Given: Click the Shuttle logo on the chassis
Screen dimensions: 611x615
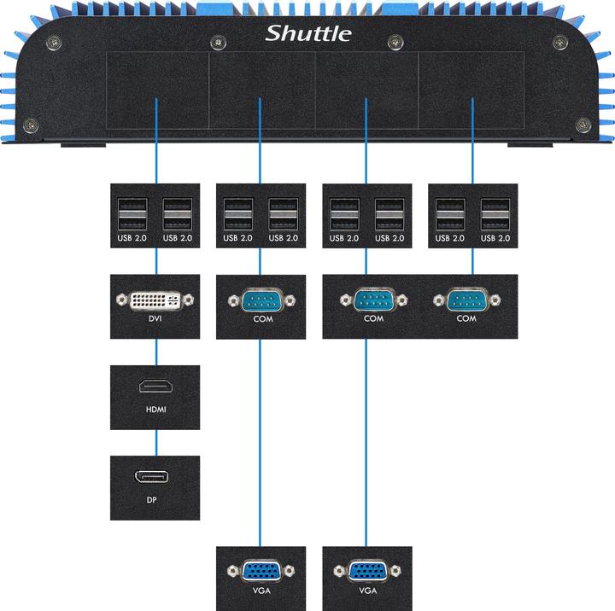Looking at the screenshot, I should click(x=307, y=33).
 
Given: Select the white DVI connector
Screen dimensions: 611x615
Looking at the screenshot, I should click(x=155, y=300).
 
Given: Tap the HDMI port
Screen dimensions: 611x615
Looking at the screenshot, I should click(x=155, y=387).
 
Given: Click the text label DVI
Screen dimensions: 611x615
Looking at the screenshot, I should click(x=155, y=322).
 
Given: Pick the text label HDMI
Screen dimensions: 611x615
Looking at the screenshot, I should click(x=155, y=410).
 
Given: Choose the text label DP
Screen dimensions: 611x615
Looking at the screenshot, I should click(x=155, y=501).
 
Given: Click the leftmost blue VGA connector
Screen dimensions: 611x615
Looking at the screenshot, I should click(x=261, y=571).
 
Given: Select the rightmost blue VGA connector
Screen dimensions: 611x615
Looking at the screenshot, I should click(x=366, y=571).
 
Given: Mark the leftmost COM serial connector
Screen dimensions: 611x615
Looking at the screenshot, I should click(x=261, y=300).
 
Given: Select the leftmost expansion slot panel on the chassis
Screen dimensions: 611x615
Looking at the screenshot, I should click(x=157, y=90).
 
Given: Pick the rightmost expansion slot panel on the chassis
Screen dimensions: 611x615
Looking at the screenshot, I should click(x=471, y=90).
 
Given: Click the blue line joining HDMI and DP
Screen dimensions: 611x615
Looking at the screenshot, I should click(x=156, y=443).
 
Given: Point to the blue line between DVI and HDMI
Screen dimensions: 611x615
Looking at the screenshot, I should click(x=156, y=352).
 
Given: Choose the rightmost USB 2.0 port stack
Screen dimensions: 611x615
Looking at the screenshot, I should click(x=495, y=213).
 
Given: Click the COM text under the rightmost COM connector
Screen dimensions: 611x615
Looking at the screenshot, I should click(x=466, y=318).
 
